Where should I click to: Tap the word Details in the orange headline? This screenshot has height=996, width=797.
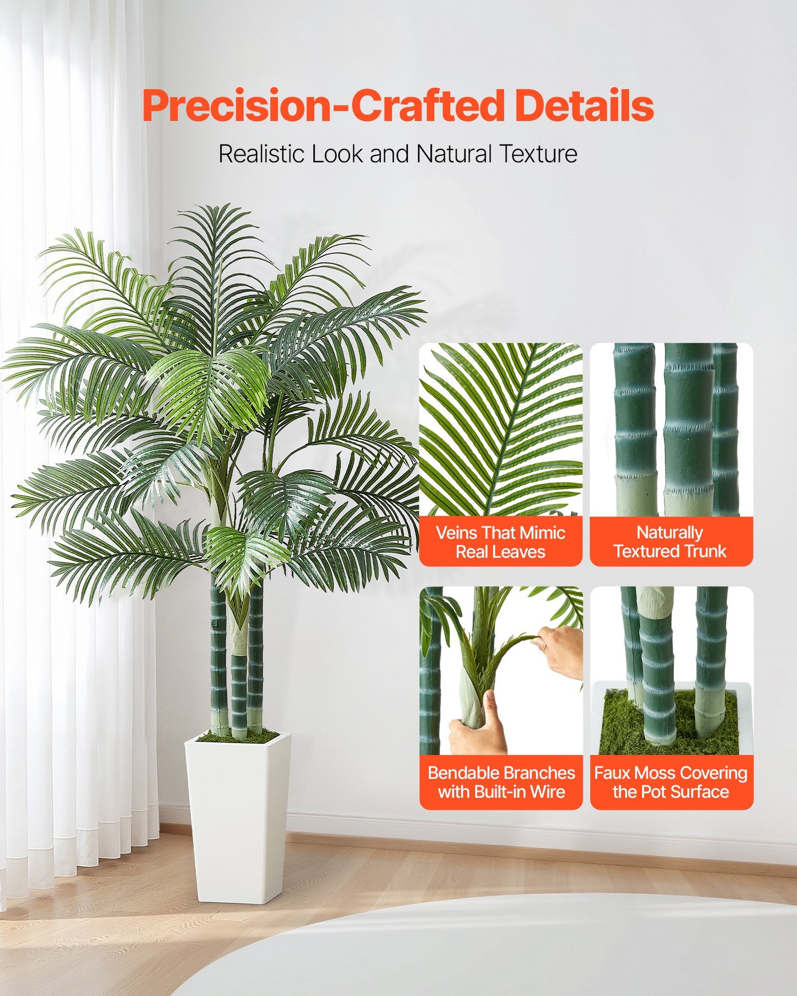point(584,106)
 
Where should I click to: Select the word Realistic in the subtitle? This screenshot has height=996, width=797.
point(263,154)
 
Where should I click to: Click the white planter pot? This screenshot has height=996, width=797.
point(238,816)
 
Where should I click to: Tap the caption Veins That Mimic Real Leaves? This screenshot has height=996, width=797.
point(500,542)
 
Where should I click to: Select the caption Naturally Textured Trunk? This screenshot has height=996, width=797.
point(670,542)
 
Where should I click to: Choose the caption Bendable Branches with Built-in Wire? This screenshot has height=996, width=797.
point(501,782)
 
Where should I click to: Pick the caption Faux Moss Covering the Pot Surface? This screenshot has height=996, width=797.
point(671,782)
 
